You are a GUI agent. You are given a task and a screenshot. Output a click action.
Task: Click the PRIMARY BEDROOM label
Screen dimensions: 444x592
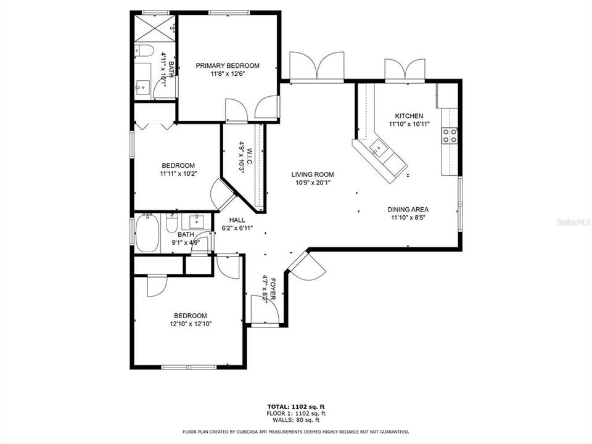pyautogui.click(x=228, y=65)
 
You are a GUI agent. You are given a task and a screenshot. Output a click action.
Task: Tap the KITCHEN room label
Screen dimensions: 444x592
pyautogui.click(x=409, y=116)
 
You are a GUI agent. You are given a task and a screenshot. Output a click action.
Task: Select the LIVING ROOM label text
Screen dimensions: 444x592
pyautogui.click(x=313, y=175)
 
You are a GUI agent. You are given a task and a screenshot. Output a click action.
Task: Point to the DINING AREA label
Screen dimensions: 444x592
pyautogui.click(x=408, y=209)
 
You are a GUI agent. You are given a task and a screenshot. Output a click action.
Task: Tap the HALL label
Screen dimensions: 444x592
pyautogui.click(x=237, y=220)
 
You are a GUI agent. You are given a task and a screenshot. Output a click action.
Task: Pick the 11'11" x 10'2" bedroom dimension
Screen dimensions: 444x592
pyautogui.click(x=178, y=174)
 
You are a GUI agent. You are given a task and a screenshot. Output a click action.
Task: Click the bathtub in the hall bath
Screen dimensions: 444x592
pyautogui.click(x=147, y=233)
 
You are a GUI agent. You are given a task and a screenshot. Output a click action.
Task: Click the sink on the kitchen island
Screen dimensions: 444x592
pyautogui.click(x=377, y=148)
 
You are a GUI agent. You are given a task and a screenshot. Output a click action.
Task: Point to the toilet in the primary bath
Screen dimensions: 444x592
pyautogui.click(x=141, y=51)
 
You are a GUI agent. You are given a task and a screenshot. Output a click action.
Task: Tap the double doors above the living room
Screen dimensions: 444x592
pyautogui.click(x=316, y=67)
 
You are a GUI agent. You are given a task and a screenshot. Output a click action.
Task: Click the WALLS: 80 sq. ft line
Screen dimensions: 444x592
pyautogui.click(x=295, y=421)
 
